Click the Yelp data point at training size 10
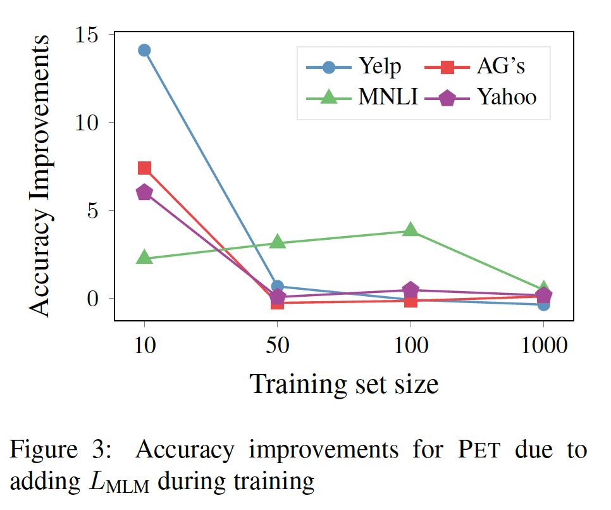[x=144, y=50]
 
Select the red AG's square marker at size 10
[x=144, y=168]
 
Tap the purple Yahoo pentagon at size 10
[x=144, y=192]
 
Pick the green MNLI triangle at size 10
[x=144, y=257]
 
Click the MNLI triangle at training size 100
[x=410, y=229]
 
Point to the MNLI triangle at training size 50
[x=277, y=241]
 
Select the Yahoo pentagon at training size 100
[x=410, y=290]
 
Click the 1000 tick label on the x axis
[x=543, y=345]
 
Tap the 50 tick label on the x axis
[x=277, y=345]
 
